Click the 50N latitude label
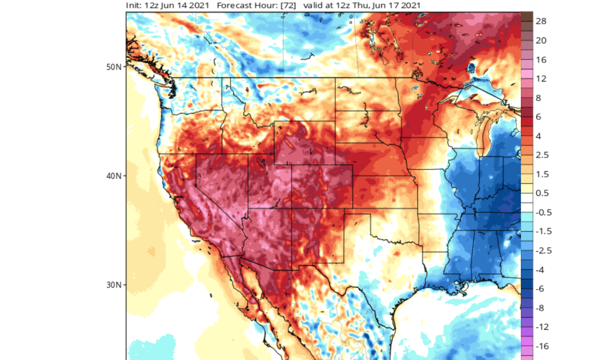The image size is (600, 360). pos(114,66)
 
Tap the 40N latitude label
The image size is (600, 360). pos(114,176)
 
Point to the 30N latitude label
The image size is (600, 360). pos(114,284)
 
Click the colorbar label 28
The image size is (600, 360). pos(541,21)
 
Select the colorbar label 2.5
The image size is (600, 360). pos(542,155)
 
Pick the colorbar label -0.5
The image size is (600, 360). pos(543,213)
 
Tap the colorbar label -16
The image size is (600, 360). pos(542,347)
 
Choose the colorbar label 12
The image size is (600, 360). pos(541,79)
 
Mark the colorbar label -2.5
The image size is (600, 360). pos(543,251)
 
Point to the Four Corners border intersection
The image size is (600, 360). pos(292,208)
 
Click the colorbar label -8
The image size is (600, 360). pos(541,308)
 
